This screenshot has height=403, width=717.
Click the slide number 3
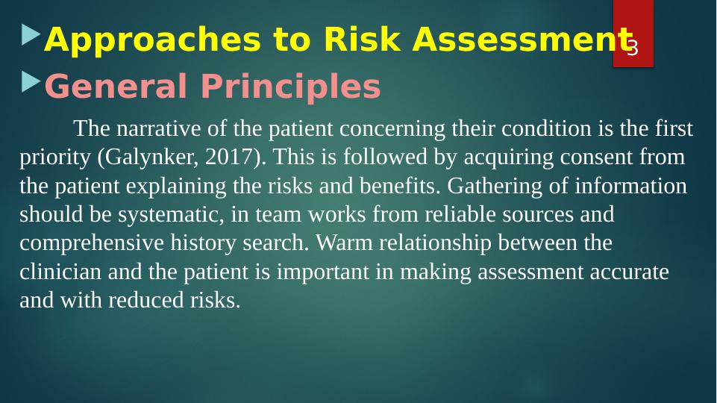click(633, 48)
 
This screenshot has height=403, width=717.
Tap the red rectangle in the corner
click(633, 34)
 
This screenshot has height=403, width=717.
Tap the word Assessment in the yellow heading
click(522, 40)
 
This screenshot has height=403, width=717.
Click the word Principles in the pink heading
click(291, 87)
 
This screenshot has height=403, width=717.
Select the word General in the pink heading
click(116, 86)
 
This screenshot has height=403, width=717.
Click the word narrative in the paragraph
click(159, 128)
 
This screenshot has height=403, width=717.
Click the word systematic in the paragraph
click(171, 215)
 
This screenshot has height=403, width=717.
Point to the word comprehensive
click(92, 243)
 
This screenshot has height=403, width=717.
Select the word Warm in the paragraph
click(345, 243)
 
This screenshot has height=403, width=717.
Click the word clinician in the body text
click(60, 272)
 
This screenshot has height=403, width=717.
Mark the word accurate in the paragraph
click(630, 272)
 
